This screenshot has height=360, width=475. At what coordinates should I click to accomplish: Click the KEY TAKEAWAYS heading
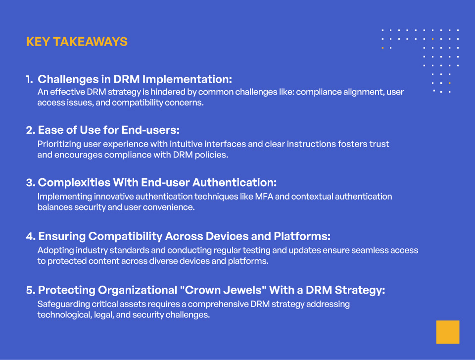(x=77, y=42)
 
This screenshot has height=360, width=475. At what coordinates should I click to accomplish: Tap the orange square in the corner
(x=448, y=332)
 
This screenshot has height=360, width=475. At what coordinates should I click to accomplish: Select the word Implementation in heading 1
(x=187, y=79)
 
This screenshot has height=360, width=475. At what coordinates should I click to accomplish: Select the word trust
(x=379, y=144)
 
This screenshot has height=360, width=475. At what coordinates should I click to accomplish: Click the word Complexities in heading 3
(x=74, y=183)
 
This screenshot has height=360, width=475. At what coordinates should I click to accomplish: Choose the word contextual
(x=312, y=197)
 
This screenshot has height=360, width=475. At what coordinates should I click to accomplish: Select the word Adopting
(x=55, y=251)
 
